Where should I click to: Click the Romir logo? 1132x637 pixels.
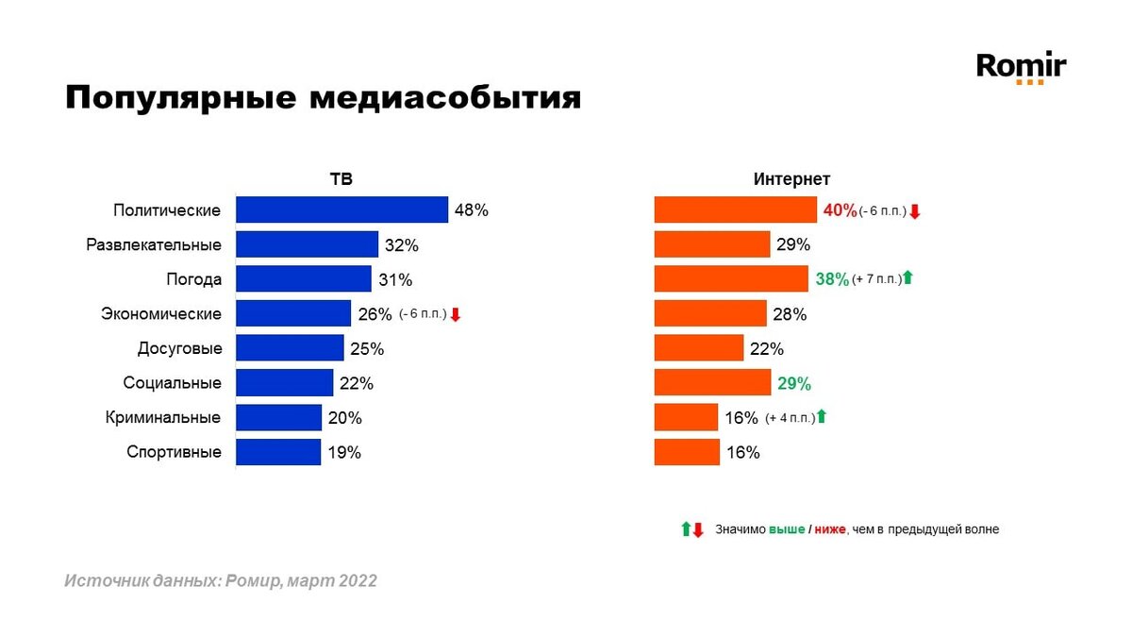point(1021,68)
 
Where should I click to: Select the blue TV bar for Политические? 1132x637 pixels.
point(341,210)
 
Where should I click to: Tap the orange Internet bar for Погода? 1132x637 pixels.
point(731,278)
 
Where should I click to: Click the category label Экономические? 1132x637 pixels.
point(161,314)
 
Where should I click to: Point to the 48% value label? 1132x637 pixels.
point(471,210)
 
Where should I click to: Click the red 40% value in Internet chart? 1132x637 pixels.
point(840,210)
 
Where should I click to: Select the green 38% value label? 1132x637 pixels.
point(831,279)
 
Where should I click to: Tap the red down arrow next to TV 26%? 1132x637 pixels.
point(456,314)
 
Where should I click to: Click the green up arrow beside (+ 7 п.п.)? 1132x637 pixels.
point(907,278)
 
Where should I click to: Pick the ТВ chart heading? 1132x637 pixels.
point(341,179)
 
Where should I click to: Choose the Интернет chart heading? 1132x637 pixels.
point(791,179)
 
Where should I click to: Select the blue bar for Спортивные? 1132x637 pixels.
point(278,452)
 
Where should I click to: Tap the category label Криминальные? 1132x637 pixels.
point(161,417)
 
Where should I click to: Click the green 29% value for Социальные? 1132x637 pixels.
point(793,383)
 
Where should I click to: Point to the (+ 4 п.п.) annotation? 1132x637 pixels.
point(790,417)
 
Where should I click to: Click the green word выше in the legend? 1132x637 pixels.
point(787,529)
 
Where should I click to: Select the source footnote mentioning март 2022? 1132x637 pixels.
point(221,581)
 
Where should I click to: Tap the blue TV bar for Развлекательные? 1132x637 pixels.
point(307,244)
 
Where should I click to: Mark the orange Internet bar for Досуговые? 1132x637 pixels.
point(699,348)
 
